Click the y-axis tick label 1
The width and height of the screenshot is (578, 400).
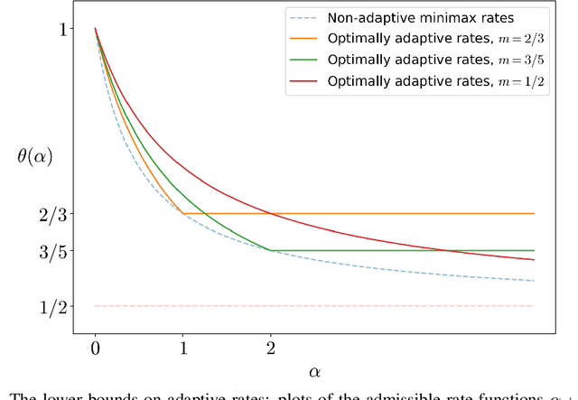[x=63, y=29]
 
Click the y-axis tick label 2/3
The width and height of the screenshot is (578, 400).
[x=54, y=214]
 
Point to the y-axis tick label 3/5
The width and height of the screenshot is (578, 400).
[x=54, y=251]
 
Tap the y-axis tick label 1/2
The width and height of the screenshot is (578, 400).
[x=54, y=307]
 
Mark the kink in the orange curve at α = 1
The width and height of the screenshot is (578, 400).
[x=182, y=214]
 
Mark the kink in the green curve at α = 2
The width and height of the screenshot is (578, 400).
[x=270, y=250]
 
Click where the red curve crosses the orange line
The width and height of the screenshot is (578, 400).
[x=270, y=214]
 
